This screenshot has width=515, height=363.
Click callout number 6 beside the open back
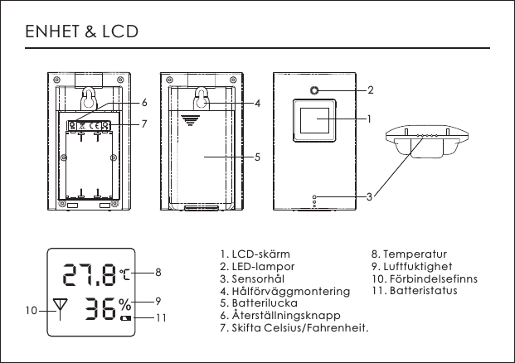(x=144, y=104)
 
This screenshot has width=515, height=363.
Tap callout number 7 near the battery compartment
(x=144, y=124)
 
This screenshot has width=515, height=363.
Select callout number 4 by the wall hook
(x=258, y=104)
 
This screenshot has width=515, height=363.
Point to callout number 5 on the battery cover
(x=258, y=156)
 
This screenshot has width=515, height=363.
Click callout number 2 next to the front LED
(x=370, y=90)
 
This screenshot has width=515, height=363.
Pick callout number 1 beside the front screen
(x=370, y=119)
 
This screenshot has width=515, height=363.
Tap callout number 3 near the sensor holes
(x=370, y=196)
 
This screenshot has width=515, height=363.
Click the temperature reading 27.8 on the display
(x=90, y=273)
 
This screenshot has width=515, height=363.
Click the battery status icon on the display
(x=125, y=318)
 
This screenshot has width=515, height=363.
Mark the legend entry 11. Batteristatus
(x=414, y=292)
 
